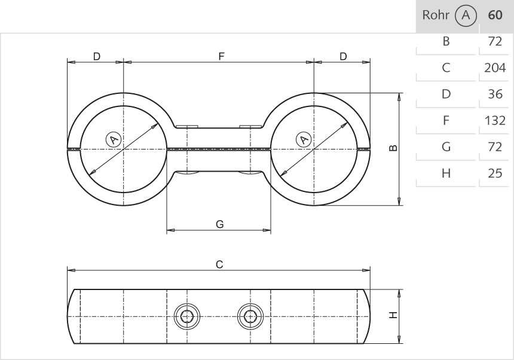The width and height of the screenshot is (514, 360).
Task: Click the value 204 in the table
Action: [495, 68]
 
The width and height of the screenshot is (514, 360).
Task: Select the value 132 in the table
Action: [495, 120]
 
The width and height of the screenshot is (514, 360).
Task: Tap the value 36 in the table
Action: [495, 94]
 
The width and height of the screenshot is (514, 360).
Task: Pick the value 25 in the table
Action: [495, 173]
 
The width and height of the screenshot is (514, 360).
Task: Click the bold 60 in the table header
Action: [495, 16]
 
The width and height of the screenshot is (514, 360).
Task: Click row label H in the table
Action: [445, 173]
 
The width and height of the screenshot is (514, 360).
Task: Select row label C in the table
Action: [445, 68]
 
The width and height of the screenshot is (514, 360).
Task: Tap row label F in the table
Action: [445, 120]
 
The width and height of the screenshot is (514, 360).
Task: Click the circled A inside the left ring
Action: [113, 139]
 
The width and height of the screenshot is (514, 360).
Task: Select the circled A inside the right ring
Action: [304, 139]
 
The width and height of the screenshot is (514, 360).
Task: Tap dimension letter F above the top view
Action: [221, 56]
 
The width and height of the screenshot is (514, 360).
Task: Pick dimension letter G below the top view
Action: [219, 224]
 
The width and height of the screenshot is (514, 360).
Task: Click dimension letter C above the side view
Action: [219, 264]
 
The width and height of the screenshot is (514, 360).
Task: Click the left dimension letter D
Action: [96, 56]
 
